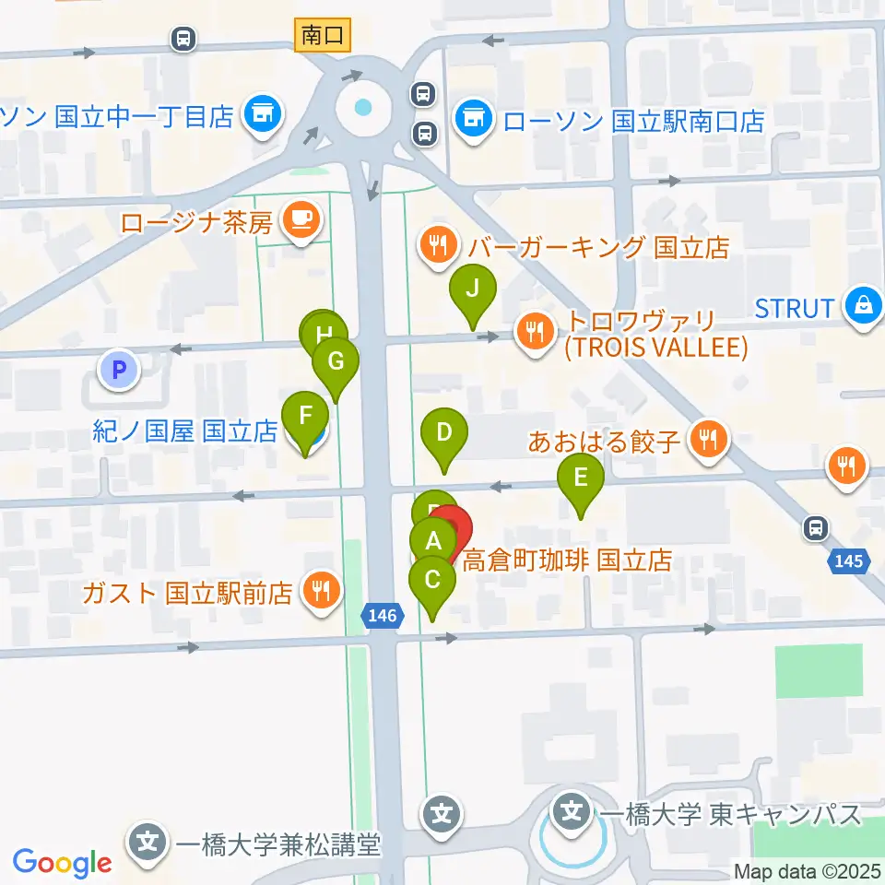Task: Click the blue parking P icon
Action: coord(117,371)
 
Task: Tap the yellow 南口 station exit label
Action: coord(322,36)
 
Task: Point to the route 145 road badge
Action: coord(850,560)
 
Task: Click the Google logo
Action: coord(63,864)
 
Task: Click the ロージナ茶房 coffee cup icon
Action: coord(301,218)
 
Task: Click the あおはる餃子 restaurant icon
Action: coord(708,439)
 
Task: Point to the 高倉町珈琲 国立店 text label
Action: coord(566,560)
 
